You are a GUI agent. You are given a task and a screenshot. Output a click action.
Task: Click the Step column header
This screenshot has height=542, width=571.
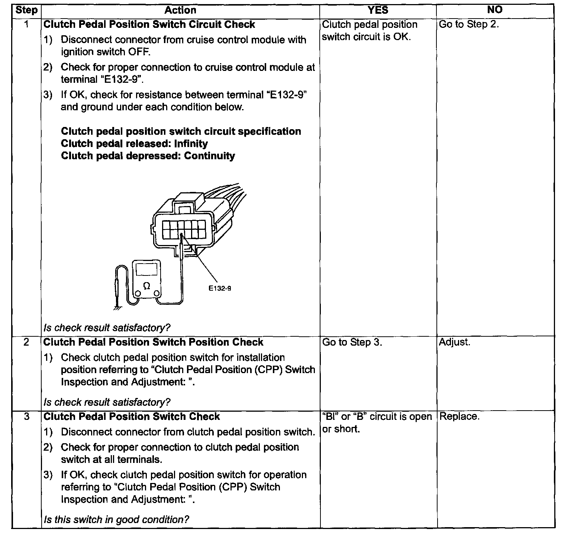26,10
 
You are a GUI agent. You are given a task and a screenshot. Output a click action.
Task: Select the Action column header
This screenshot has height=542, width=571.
180,10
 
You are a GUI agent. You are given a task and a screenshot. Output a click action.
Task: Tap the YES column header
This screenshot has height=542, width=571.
378,10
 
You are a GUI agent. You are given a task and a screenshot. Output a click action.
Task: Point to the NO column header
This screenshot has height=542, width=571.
495,10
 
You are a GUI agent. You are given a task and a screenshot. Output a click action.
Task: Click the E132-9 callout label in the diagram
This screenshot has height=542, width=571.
220,288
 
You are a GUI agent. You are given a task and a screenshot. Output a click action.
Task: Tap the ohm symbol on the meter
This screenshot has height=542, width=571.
147,285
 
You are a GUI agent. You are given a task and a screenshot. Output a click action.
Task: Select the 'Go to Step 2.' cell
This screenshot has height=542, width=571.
469,25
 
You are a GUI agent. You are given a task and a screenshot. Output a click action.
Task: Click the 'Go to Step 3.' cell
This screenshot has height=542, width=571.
352,342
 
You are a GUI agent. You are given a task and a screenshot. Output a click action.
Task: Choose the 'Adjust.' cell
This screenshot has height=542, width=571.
455,342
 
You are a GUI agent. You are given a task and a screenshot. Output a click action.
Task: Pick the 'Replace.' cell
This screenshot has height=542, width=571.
459,417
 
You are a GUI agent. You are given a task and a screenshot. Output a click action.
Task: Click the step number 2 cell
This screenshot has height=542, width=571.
26,342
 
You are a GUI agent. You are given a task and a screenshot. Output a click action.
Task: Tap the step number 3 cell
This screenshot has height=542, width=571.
26,417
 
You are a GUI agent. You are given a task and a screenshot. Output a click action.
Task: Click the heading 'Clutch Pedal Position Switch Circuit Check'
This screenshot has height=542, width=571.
149,25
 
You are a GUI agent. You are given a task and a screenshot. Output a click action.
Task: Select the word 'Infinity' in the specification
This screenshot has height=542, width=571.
191,144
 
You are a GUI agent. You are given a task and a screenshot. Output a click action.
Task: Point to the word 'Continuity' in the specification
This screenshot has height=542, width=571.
209,156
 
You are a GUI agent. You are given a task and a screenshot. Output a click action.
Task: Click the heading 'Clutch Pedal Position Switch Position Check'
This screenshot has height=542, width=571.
153,342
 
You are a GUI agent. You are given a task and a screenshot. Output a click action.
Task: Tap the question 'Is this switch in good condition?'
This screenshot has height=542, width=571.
116,519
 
